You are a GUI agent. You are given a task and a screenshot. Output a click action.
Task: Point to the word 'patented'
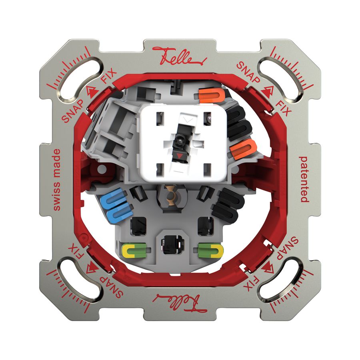click(x=304, y=179)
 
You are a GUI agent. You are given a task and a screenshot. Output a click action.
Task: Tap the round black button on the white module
click(x=177, y=140)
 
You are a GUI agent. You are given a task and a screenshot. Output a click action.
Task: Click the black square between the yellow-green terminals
click(x=171, y=243)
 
